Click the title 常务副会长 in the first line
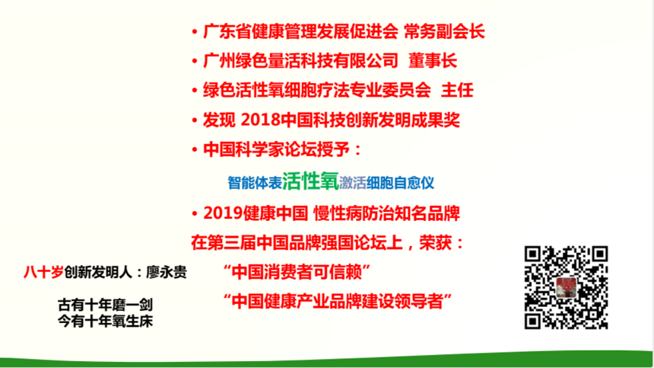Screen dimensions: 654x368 (444, 32)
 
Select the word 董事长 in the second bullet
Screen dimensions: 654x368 (433, 61)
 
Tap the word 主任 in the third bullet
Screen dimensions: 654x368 (457, 90)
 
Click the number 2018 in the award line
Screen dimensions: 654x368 (260, 120)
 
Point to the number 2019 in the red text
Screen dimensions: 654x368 (223, 213)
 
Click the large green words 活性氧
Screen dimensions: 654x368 (310, 181)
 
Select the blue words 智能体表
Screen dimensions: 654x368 (255, 183)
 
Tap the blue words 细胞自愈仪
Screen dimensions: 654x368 (401, 183)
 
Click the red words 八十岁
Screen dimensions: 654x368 (43, 272)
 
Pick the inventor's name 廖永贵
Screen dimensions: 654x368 (166, 272)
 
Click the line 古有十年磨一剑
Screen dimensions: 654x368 (106, 305)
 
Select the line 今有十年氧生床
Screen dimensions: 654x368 (106, 321)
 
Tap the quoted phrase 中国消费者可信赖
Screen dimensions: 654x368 (297, 272)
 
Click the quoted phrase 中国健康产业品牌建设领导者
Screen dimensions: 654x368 (338, 301)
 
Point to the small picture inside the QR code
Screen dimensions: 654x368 (566, 287)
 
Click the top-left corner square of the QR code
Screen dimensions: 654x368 (533, 254)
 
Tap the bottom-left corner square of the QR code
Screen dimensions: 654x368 (533, 321)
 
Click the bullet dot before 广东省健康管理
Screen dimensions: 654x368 (195, 32)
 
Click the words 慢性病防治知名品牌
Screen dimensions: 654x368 (386, 213)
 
